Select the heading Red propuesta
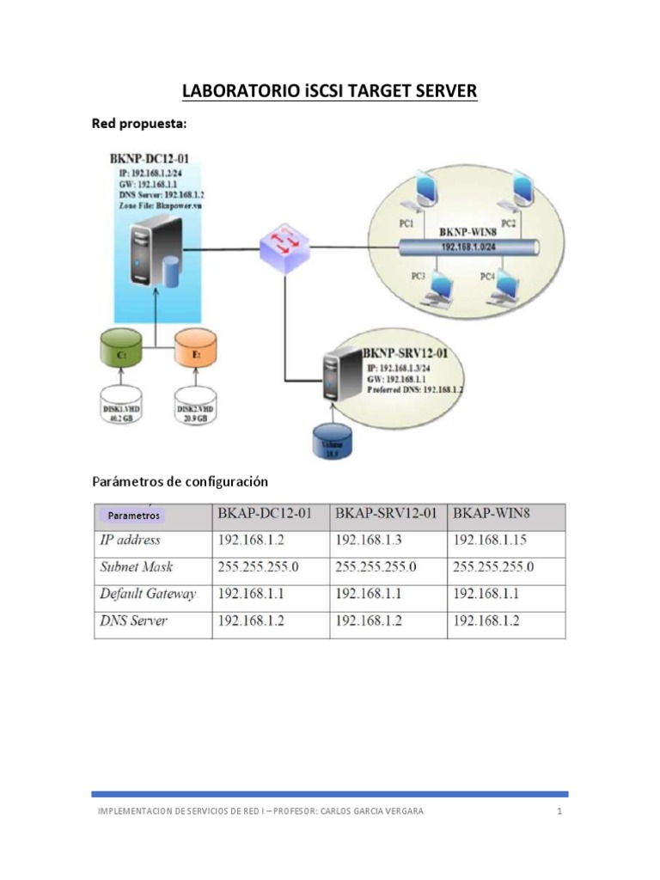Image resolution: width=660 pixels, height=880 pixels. tap(138, 125)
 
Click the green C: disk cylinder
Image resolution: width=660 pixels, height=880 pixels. tap(121, 349)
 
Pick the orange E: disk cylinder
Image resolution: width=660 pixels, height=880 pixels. tap(197, 349)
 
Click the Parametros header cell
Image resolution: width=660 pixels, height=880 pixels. tap(133, 516)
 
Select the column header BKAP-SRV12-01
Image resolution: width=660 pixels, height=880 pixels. tap(387, 514)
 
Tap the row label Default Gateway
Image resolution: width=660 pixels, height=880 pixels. tap(148, 594)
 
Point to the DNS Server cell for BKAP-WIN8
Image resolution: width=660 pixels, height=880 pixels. tap(486, 620)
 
